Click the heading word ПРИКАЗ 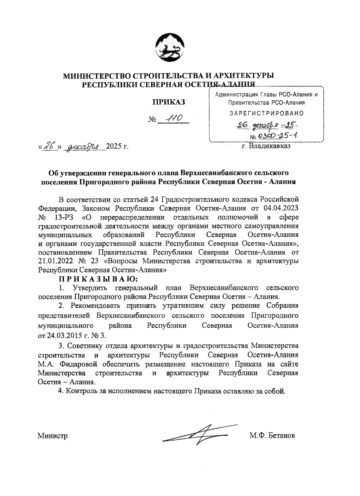pos(169,102)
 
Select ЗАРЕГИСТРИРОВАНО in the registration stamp pos(266,113)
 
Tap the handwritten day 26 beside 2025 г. pos(50,146)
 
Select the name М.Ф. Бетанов pos(272,436)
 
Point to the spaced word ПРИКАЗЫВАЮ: pos(98,279)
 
